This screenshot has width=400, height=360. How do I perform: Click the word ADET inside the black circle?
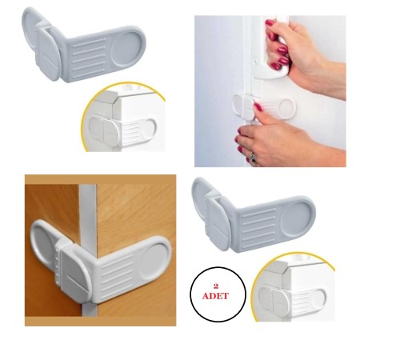pyautogui.click(x=215, y=296)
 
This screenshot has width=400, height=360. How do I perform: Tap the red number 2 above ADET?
pyautogui.click(x=216, y=286)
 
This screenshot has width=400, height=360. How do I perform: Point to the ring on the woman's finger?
pyautogui.click(x=253, y=158)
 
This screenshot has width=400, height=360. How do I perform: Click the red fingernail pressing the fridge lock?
pyautogui.click(x=258, y=107)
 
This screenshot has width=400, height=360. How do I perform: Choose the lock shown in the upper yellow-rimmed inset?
pyautogui.click(x=122, y=130)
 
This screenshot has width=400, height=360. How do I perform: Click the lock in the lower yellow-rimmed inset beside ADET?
pyautogui.click(x=293, y=299)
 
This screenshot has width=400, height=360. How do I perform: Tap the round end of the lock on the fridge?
pyautogui.click(x=287, y=107)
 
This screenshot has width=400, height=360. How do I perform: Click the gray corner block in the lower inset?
pyautogui.click(x=278, y=269)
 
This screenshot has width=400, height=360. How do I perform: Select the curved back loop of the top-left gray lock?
pyautogui.click(x=29, y=30)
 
